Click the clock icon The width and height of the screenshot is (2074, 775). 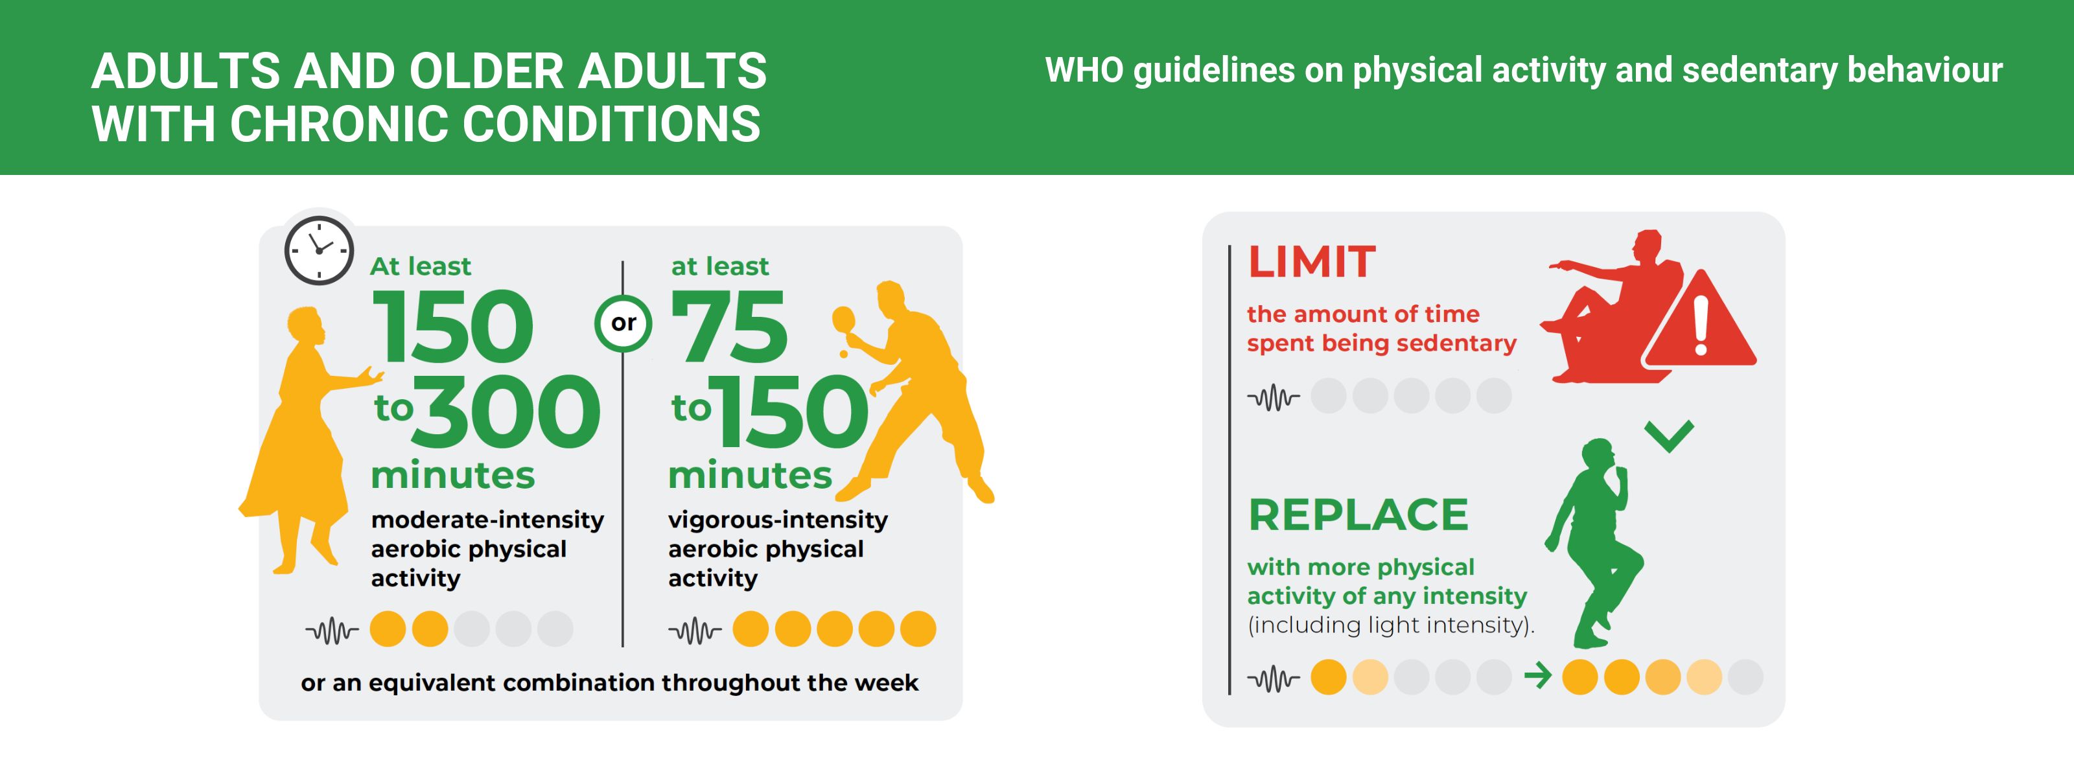point(319,250)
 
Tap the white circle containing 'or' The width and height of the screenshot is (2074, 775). point(623,323)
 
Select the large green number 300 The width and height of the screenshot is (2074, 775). point(506,411)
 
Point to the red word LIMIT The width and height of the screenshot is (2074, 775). point(1312,262)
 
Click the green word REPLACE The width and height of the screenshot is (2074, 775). point(1358,515)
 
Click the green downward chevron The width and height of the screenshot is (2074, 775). point(1669,436)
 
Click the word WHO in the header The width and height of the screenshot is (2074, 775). point(1084,70)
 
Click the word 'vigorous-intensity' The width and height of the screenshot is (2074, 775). point(778,520)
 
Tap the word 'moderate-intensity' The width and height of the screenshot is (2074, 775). point(487,520)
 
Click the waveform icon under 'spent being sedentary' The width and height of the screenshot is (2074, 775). point(1273,397)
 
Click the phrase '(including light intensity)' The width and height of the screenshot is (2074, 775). point(1390,625)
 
